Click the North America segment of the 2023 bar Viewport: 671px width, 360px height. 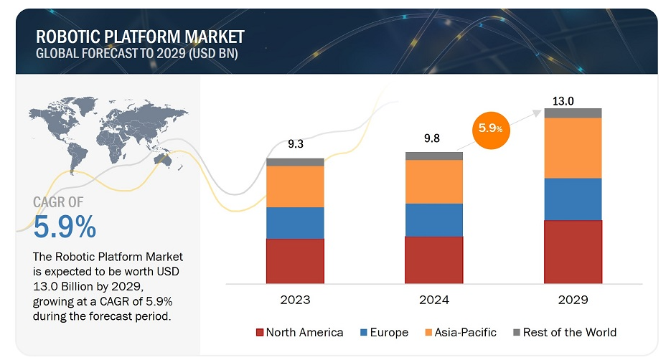295,260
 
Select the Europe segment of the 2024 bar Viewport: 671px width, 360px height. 434,219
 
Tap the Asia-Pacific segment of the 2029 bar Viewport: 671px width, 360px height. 573,148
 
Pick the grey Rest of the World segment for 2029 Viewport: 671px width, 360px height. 573,113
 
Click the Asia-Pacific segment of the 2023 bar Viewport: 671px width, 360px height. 295,186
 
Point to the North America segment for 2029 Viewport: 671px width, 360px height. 573,251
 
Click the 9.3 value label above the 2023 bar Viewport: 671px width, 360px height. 295,145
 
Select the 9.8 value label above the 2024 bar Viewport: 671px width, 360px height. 434,138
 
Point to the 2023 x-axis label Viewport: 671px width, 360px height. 295,300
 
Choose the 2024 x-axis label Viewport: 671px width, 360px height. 434,300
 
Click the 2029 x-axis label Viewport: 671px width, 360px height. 573,300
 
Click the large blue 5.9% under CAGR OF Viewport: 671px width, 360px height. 65,227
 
